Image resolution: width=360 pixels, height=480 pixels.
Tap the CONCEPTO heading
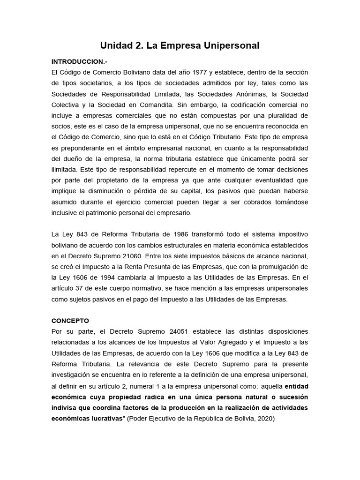tap(70, 321)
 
